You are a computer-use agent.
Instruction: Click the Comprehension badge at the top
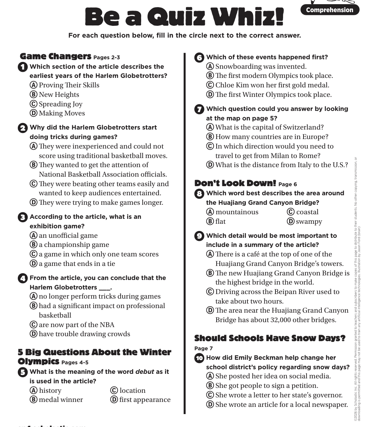coord(329,10)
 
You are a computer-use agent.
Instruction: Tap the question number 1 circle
coord(23,67)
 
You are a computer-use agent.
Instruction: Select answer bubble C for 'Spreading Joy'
coord(33,104)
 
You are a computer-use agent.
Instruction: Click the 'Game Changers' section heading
coord(55,57)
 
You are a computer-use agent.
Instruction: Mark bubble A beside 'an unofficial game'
coord(33,236)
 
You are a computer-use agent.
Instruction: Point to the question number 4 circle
coord(23,278)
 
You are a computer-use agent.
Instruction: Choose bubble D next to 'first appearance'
coord(114,400)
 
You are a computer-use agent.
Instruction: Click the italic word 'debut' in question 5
coord(145,372)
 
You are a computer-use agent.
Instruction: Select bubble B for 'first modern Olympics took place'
coord(210,76)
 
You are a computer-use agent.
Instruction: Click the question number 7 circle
coord(199,109)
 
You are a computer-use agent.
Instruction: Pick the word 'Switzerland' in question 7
coord(301,127)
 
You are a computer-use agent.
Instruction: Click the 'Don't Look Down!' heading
coord(235,183)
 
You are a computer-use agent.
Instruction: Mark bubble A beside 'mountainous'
coord(210,212)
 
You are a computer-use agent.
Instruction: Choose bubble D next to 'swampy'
coord(291,221)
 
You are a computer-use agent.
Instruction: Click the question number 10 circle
coord(199,358)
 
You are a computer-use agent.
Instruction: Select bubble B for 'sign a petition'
coord(210,386)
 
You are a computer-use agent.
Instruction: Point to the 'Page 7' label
coord(203,348)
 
